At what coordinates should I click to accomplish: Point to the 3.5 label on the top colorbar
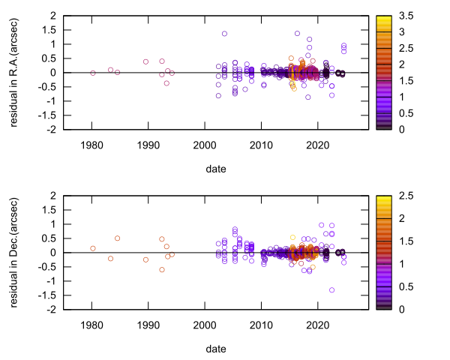tap(407, 15)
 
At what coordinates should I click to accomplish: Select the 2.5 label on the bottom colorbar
tap(407, 195)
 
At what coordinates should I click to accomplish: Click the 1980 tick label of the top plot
tap(92, 144)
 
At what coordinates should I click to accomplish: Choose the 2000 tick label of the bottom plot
tap(205, 324)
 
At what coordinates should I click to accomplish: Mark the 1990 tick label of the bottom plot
tap(148, 324)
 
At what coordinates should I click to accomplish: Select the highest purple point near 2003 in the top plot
tap(224, 34)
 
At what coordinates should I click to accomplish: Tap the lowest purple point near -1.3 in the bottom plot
tap(331, 289)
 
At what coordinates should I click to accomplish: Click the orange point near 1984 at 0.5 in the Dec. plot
tap(117, 238)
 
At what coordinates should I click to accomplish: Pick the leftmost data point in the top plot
tap(93, 73)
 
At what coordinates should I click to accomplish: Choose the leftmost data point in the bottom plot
tap(93, 248)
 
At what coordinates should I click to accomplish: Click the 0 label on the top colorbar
tap(403, 129)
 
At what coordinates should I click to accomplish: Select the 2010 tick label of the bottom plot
tap(261, 324)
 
